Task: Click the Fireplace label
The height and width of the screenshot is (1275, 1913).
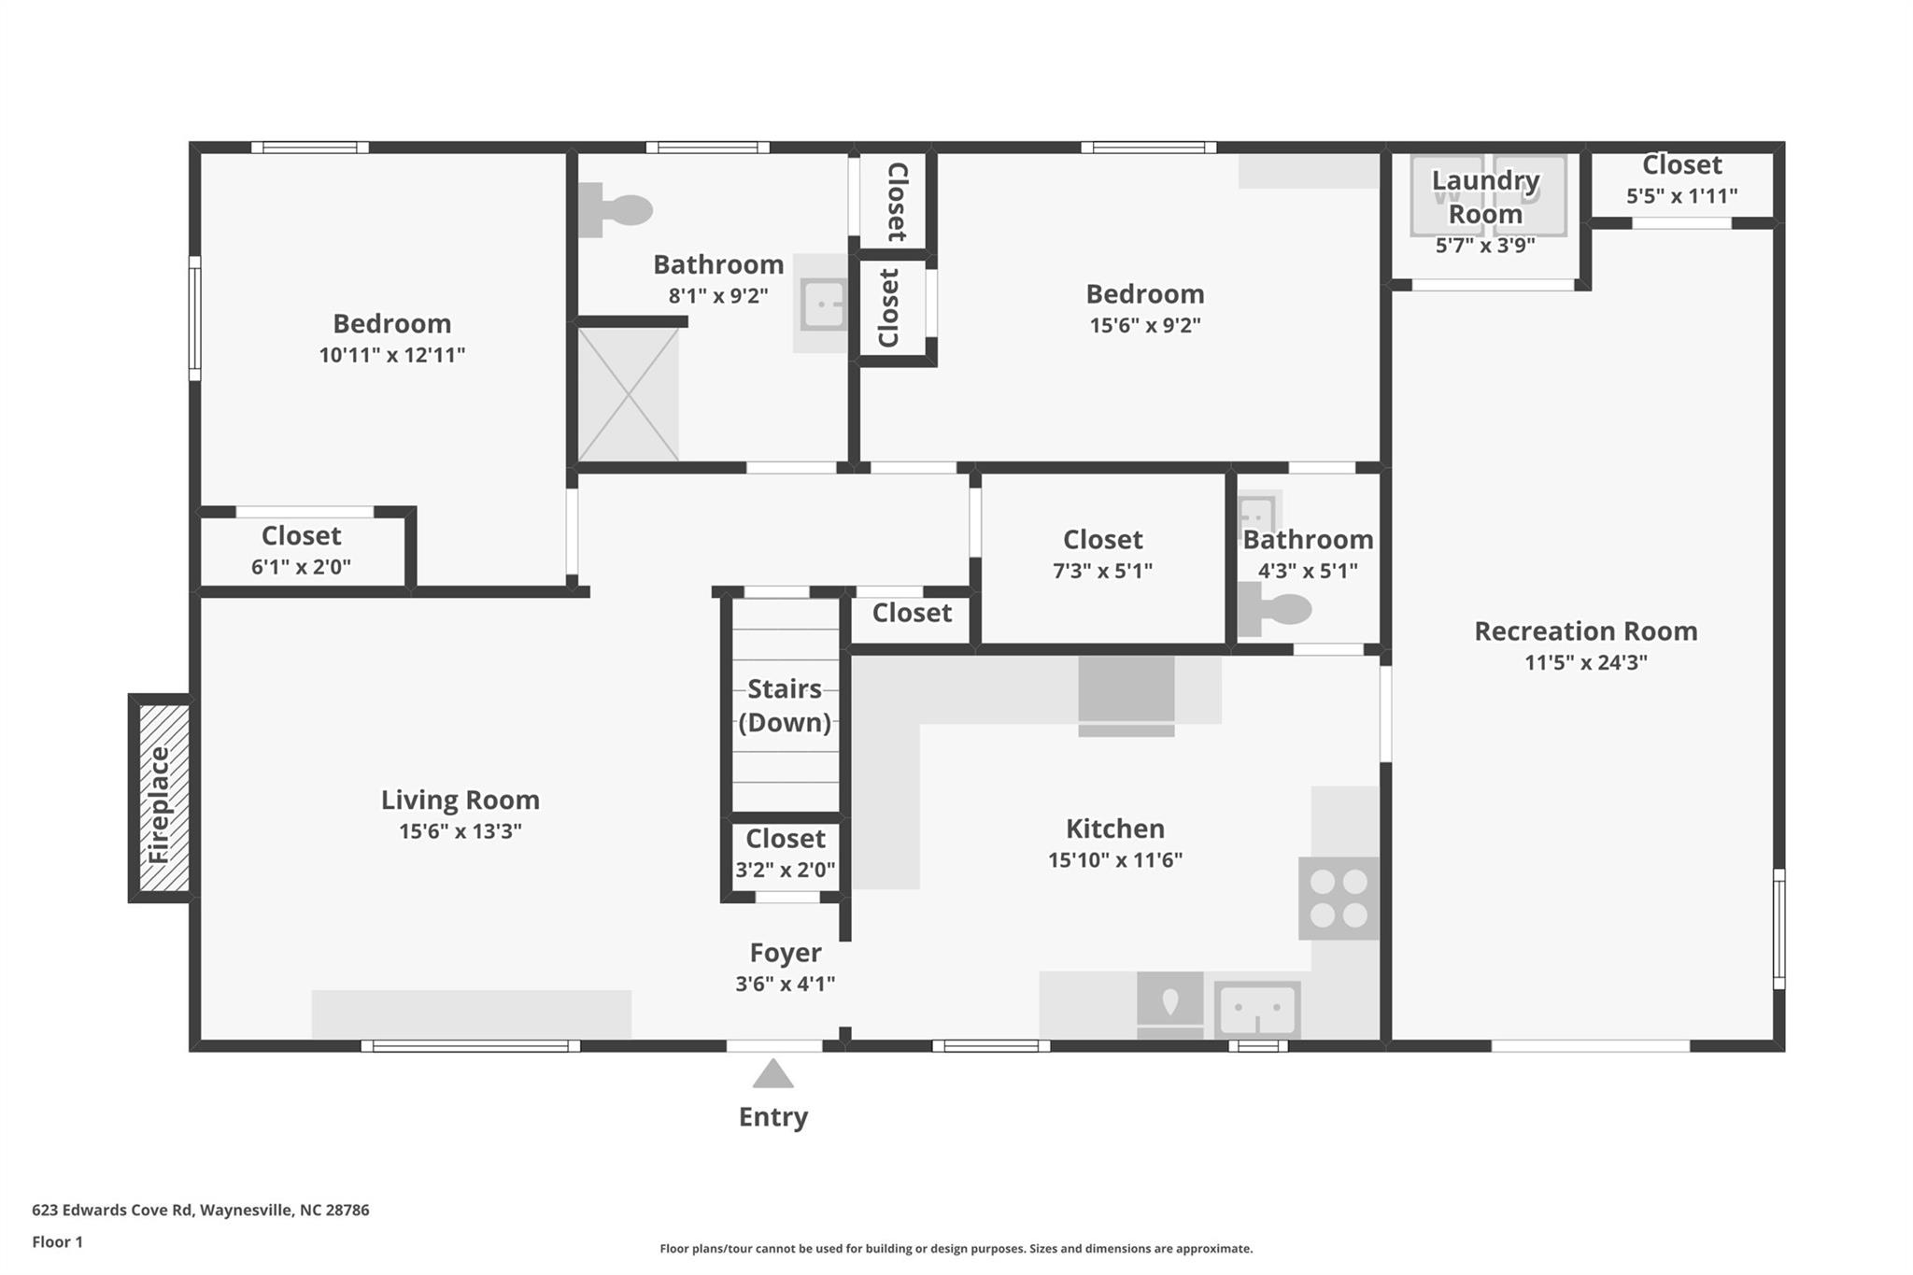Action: click(x=159, y=804)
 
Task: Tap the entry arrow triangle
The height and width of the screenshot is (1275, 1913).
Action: click(x=773, y=1074)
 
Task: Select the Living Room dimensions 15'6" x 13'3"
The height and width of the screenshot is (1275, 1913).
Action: click(x=461, y=830)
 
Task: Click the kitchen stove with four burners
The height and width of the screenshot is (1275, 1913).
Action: click(x=1339, y=898)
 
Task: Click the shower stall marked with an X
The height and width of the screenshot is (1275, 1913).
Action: click(x=629, y=393)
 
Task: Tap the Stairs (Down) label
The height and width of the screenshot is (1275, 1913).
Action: click(x=785, y=705)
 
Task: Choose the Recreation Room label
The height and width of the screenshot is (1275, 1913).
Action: click(x=1586, y=630)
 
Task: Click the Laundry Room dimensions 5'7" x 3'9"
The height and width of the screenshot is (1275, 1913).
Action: click(x=1485, y=246)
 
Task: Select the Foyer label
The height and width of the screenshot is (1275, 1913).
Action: click(x=786, y=952)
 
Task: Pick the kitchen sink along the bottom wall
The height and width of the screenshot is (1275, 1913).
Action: click(x=1257, y=1010)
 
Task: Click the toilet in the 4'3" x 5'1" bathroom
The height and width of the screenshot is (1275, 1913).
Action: click(x=1274, y=609)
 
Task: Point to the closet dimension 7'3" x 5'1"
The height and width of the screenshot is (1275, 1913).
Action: click(x=1103, y=570)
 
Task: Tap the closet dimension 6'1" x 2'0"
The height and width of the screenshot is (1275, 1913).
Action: click(x=301, y=566)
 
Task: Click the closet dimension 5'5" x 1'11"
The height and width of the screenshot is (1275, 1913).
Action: click(x=1681, y=195)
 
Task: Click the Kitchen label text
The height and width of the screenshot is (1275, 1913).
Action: click(x=1115, y=829)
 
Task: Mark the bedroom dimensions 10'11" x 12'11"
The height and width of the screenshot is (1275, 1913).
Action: click(x=392, y=354)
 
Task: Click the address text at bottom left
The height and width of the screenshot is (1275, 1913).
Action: click(x=201, y=1210)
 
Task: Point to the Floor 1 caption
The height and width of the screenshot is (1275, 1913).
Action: click(x=58, y=1241)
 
